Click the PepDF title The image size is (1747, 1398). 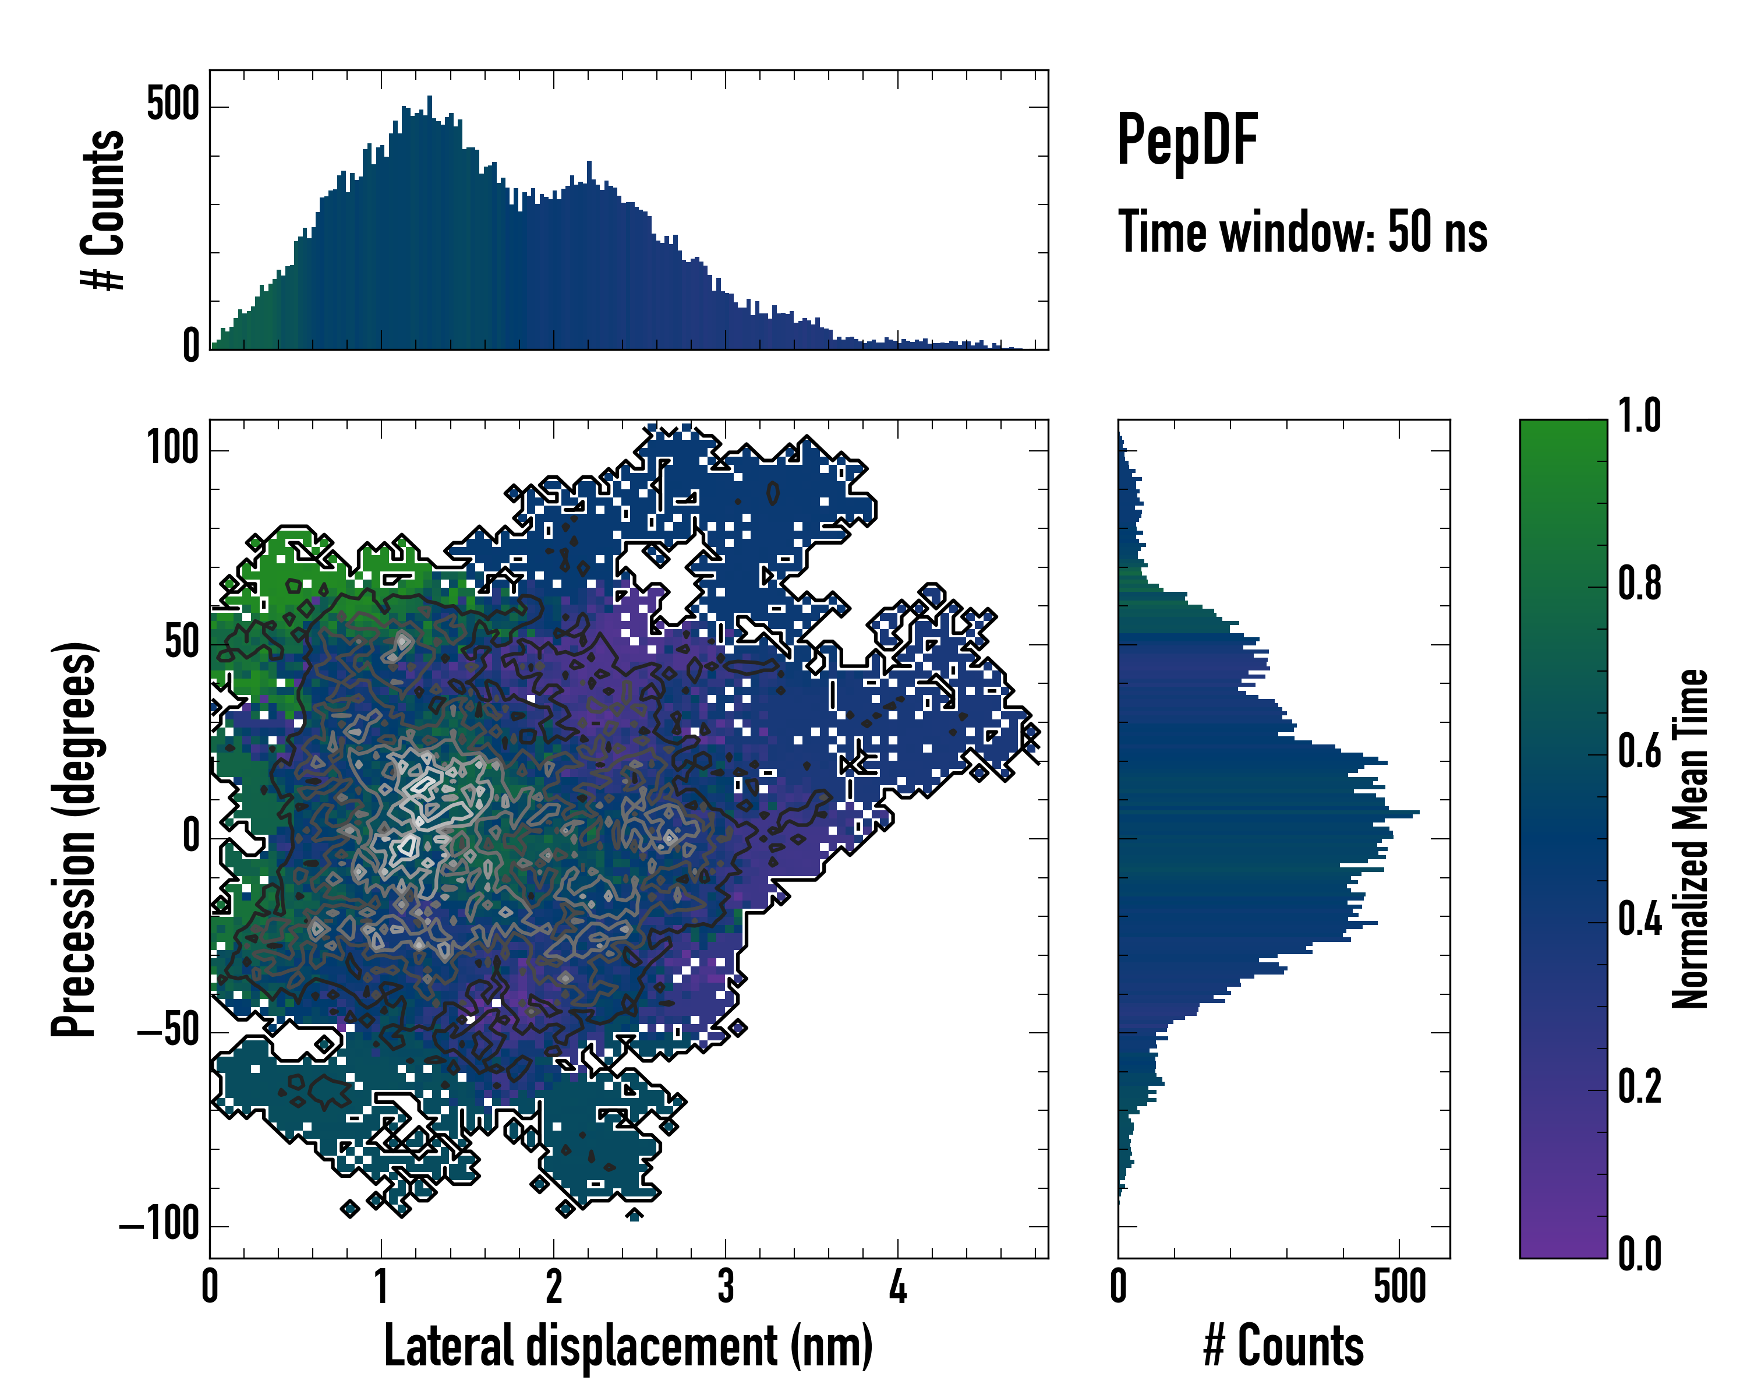1187,141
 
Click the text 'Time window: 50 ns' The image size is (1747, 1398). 1302,232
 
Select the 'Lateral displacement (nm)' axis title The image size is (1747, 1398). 628,1346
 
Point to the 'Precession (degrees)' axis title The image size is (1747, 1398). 75,839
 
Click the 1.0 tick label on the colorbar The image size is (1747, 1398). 1639,416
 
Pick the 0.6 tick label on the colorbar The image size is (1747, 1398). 1639,751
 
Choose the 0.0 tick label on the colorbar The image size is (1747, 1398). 1639,1254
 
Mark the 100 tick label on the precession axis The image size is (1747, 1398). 172,448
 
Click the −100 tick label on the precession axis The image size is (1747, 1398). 160,1224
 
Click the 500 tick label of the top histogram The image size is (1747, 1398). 172,105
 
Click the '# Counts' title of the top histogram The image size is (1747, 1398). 103,210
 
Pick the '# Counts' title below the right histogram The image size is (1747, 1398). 1283,1346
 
